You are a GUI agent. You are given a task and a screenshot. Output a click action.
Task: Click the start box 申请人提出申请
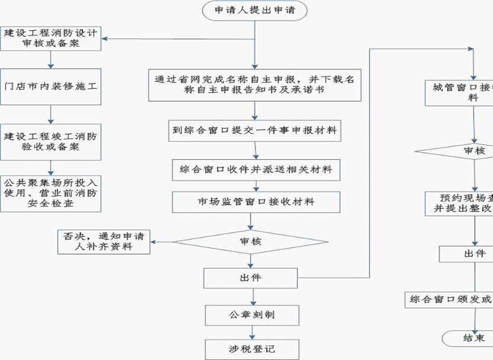click(x=255, y=11)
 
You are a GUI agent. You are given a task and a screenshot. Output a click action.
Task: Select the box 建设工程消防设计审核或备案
click(x=51, y=38)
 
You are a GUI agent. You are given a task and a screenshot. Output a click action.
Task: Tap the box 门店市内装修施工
click(x=51, y=86)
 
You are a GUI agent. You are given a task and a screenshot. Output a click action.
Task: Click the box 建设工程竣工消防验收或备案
click(x=51, y=141)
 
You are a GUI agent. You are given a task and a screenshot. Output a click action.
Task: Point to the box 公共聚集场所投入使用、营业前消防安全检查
click(x=51, y=193)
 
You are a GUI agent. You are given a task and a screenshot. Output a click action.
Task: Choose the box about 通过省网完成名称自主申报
click(x=255, y=84)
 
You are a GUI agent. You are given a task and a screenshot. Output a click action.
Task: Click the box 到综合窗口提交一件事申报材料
click(x=255, y=131)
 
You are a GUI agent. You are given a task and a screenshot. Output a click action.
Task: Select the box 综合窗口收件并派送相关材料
click(x=255, y=170)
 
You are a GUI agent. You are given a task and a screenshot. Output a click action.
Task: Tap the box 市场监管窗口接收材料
click(x=255, y=202)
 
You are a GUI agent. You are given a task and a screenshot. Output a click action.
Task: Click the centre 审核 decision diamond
click(x=250, y=241)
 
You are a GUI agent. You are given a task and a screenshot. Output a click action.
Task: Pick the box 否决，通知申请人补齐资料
click(x=104, y=240)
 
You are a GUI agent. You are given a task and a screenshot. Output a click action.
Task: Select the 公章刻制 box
click(x=251, y=314)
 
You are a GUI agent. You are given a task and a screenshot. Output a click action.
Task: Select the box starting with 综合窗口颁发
click(x=450, y=300)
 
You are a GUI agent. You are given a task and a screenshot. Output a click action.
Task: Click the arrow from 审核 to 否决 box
click(x=162, y=241)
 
